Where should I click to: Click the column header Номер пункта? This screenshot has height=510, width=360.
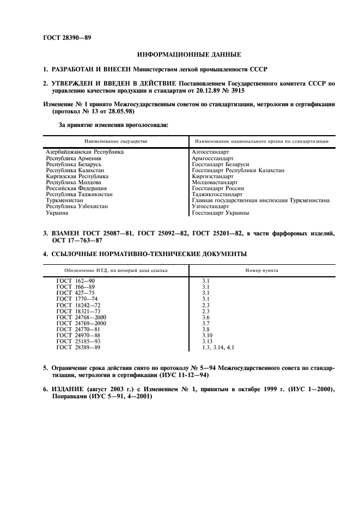pos(261,270)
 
